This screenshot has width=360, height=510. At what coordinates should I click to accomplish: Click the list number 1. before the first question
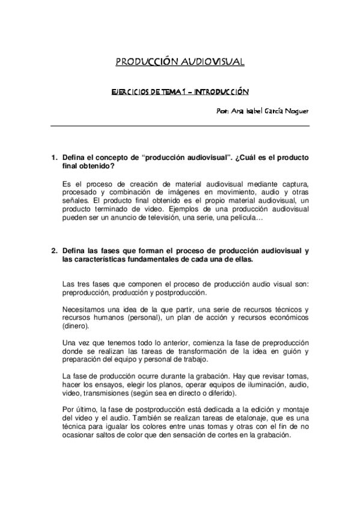53,158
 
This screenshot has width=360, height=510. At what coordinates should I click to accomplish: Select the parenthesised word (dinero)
75,326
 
